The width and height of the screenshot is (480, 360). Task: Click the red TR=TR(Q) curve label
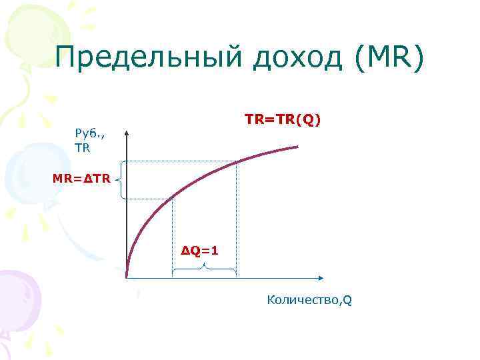(x=283, y=119)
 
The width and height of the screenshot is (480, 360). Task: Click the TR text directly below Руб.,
(x=83, y=148)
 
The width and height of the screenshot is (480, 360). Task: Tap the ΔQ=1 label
(x=200, y=250)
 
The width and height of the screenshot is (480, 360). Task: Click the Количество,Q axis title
(x=309, y=300)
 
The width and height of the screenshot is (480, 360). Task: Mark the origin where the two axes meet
(x=127, y=277)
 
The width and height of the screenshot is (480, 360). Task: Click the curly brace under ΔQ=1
(x=205, y=268)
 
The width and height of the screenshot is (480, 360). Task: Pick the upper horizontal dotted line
(x=180, y=162)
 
